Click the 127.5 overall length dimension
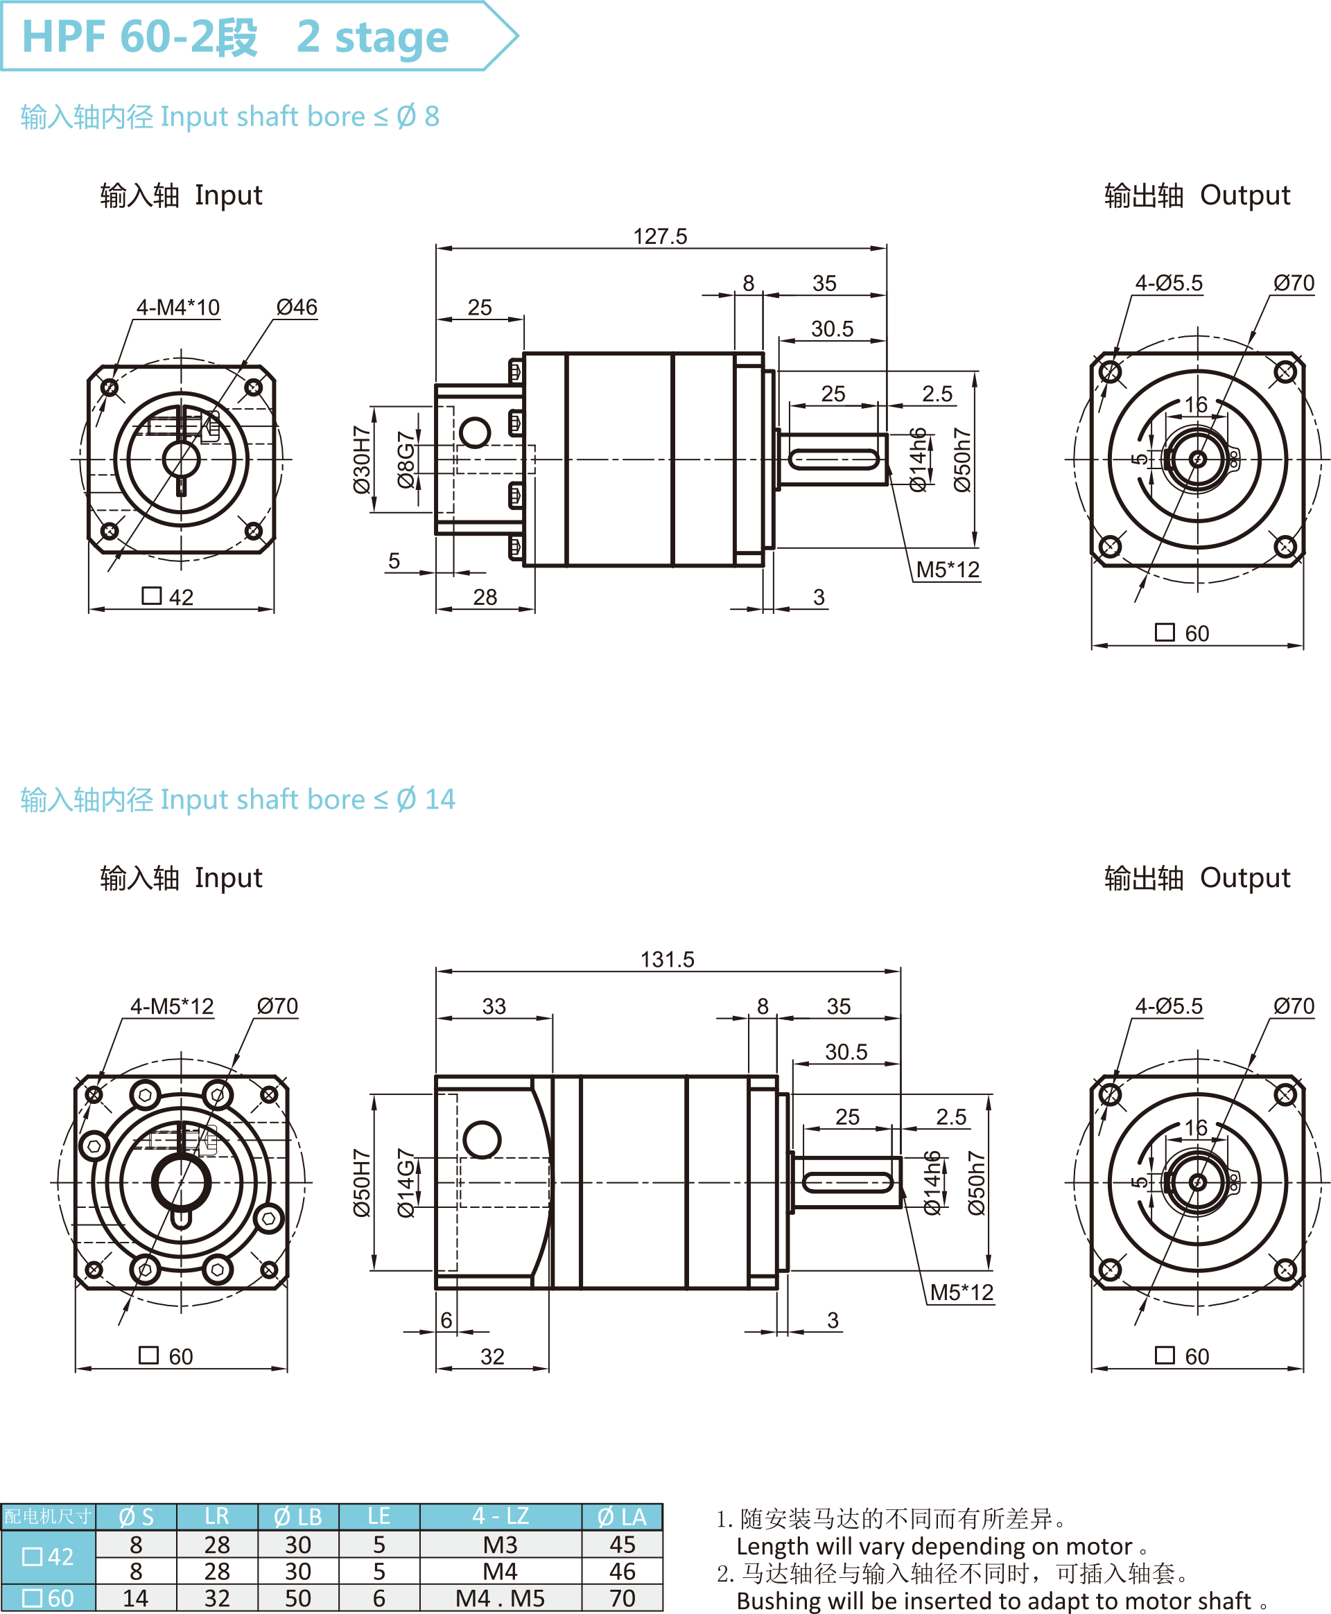pos(660,236)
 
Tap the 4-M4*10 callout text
pos(178,307)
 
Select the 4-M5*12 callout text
pos(172,1006)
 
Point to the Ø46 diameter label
pos(297,307)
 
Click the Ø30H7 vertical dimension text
pos(362,460)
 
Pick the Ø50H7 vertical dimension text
pos(362,1182)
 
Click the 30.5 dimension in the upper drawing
pos(832,328)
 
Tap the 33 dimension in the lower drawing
pos(494,1006)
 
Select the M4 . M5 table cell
pos(500,1598)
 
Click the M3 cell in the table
pos(500,1544)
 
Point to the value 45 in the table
pos(622,1544)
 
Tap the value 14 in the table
pos(136,1598)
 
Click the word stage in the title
pos(391,37)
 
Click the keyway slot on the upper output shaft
pos(834,460)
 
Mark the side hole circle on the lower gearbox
pos(482,1139)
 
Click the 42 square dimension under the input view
pos(180,597)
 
